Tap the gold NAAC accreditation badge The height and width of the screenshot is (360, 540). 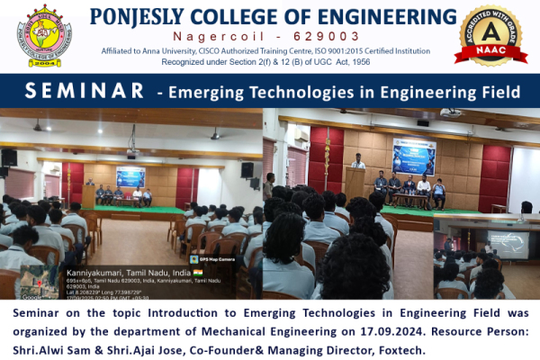point(490,36)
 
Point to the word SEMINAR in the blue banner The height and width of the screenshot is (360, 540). point(85,91)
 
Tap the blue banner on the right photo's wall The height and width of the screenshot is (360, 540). point(413,155)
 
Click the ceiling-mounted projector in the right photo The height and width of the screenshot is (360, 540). point(450,112)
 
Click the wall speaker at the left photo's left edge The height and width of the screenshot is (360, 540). point(9,157)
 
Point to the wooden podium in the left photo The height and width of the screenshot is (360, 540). point(89,195)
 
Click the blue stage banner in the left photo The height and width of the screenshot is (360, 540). point(130,175)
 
